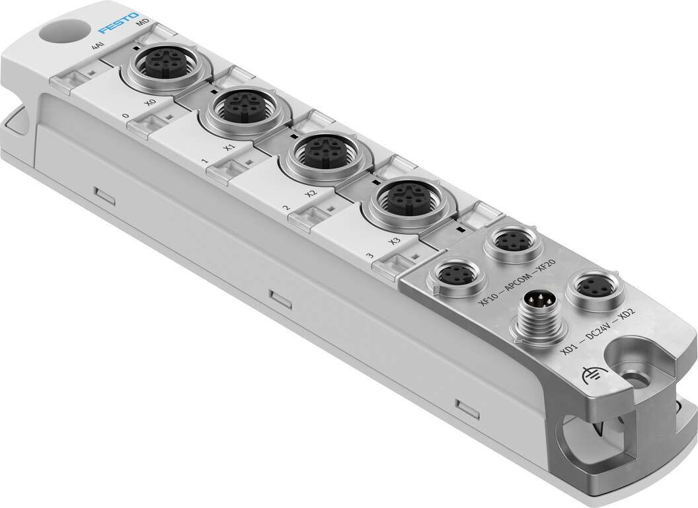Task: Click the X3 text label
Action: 395,238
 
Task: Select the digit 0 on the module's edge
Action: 125,117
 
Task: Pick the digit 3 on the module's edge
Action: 369,254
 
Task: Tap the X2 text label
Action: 313,193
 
